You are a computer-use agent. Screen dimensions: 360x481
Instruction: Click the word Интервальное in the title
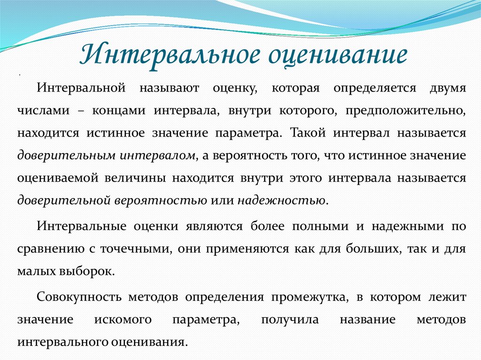click(x=169, y=55)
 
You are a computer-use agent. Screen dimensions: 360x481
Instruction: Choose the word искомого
click(x=123, y=320)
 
